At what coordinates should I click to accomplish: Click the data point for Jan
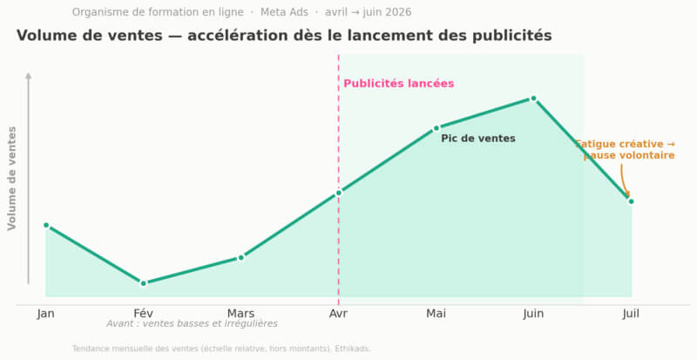(46, 225)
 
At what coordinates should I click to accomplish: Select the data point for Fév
(144, 283)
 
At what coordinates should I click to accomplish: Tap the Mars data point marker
(241, 258)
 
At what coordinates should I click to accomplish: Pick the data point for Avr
(339, 193)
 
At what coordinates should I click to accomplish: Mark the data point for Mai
(436, 128)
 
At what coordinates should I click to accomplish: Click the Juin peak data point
(533, 98)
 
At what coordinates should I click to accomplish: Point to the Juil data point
(631, 201)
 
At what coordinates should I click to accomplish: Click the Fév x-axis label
(144, 314)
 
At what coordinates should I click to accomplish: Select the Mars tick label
(241, 314)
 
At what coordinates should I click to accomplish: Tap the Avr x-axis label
(339, 314)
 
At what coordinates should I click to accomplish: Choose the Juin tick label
(533, 314)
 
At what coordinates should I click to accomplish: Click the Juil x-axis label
(631, 314)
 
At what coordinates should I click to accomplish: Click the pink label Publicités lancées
(399, 84)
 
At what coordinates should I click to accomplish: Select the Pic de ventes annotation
(478, 139)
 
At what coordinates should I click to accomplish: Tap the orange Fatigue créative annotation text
(626, 150)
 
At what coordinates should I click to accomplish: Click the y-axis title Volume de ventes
(12, 179)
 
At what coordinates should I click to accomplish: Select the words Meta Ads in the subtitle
(284, 12)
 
